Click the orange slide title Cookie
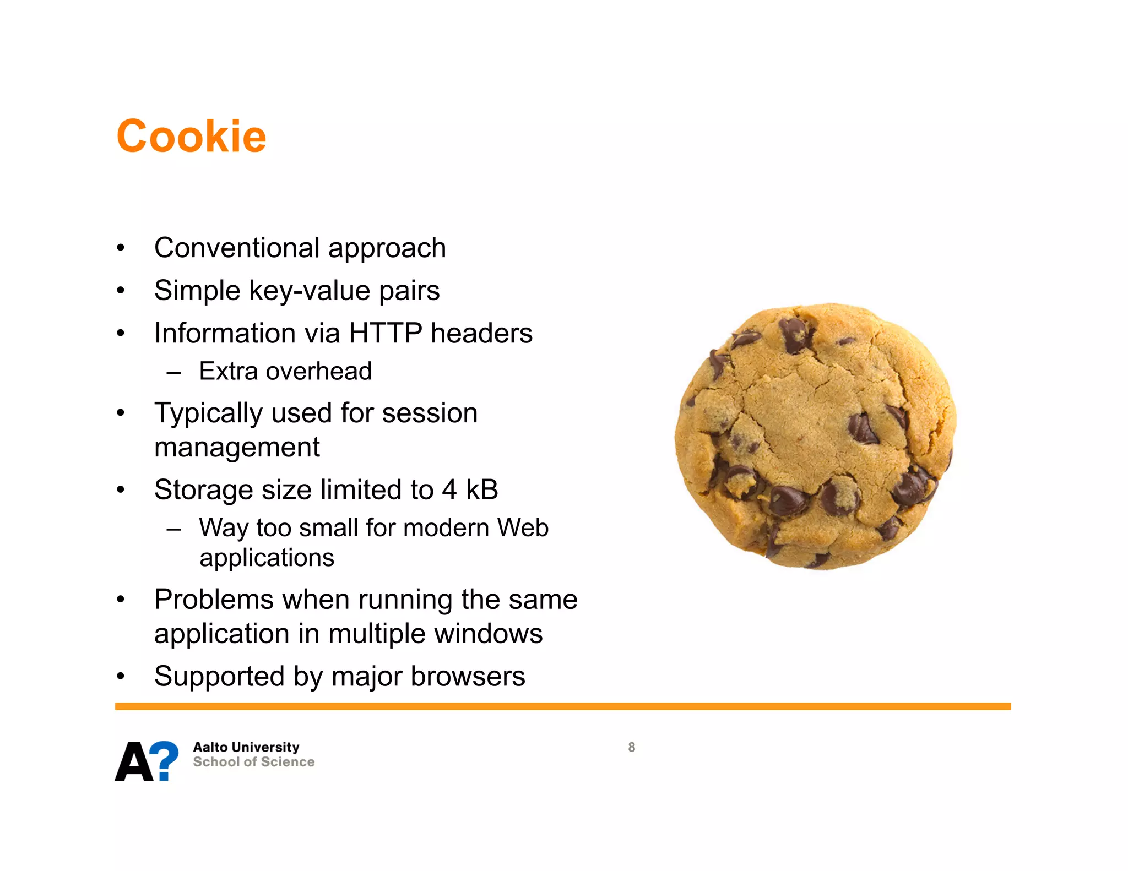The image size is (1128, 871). point(191,136)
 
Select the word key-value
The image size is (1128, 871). point(310,291)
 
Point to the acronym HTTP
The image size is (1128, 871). point(385,333)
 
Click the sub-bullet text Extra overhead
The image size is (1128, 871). point(285,371)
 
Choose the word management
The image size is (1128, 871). point(237,447)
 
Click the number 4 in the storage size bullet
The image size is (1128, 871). point(449,489)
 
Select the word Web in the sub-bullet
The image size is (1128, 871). point(523,527)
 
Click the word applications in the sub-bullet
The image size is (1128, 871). point(267,558)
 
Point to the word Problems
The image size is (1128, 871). point(214,600)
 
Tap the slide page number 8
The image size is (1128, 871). point(632,747)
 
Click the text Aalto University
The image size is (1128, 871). point(246,747)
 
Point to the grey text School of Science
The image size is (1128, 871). point(254,762)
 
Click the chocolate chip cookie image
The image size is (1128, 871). point(816,435)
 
